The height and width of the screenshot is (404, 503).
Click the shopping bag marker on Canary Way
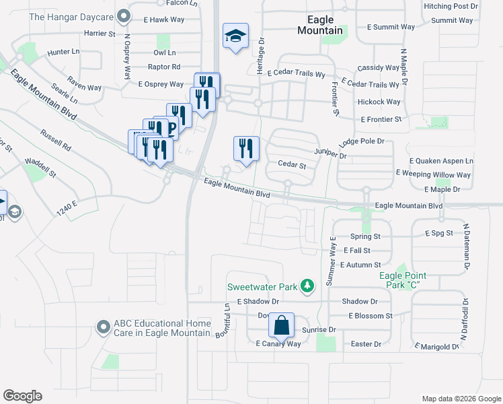(x=282, y=326)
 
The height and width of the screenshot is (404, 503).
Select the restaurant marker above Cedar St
(x=245, y=147)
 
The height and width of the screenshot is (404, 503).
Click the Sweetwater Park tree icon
(x=307, y=287)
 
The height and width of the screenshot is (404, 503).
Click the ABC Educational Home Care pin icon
(x=103, y=327)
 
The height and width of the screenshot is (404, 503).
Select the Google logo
(x=22, y=396)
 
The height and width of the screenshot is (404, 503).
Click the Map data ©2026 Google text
(x=461, y=399)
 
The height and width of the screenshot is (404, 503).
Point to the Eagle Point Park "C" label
(x=402, y=280)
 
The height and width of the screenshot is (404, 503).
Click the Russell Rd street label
(x=55, y=139)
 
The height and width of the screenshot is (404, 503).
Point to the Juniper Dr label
(x=333, y=156)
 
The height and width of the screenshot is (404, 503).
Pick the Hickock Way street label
(x=379, y=102)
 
